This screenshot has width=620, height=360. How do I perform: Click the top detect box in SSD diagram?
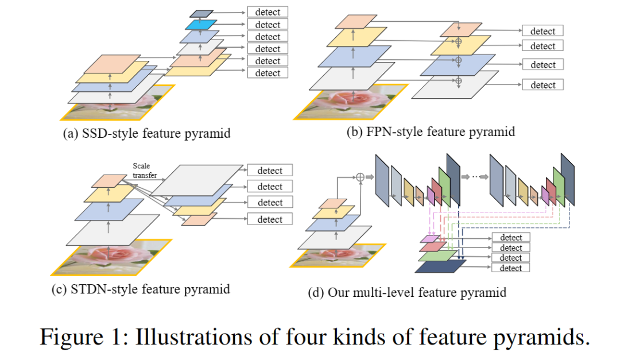pos(268,12)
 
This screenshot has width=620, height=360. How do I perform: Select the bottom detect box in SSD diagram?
pos(268,73)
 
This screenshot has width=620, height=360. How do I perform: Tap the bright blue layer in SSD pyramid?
pos(201,25)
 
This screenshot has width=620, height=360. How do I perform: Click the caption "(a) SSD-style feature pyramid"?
pos(146,134)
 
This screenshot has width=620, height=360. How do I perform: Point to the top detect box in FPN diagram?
pos(542,31)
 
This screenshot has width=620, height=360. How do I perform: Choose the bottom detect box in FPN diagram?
pos(542,85)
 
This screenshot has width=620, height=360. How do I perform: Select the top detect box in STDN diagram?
pos(270,171)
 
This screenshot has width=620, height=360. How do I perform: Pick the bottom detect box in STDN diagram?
pos(270,219)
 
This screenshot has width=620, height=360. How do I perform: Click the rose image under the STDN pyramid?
pos(109,256)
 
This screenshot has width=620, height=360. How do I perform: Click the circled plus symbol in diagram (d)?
pos(361,177)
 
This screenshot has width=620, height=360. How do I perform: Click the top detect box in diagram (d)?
pos(511,238)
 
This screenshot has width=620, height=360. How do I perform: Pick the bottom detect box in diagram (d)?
pos(511,268)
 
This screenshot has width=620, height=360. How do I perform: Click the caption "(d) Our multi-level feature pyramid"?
pos(407,293)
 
